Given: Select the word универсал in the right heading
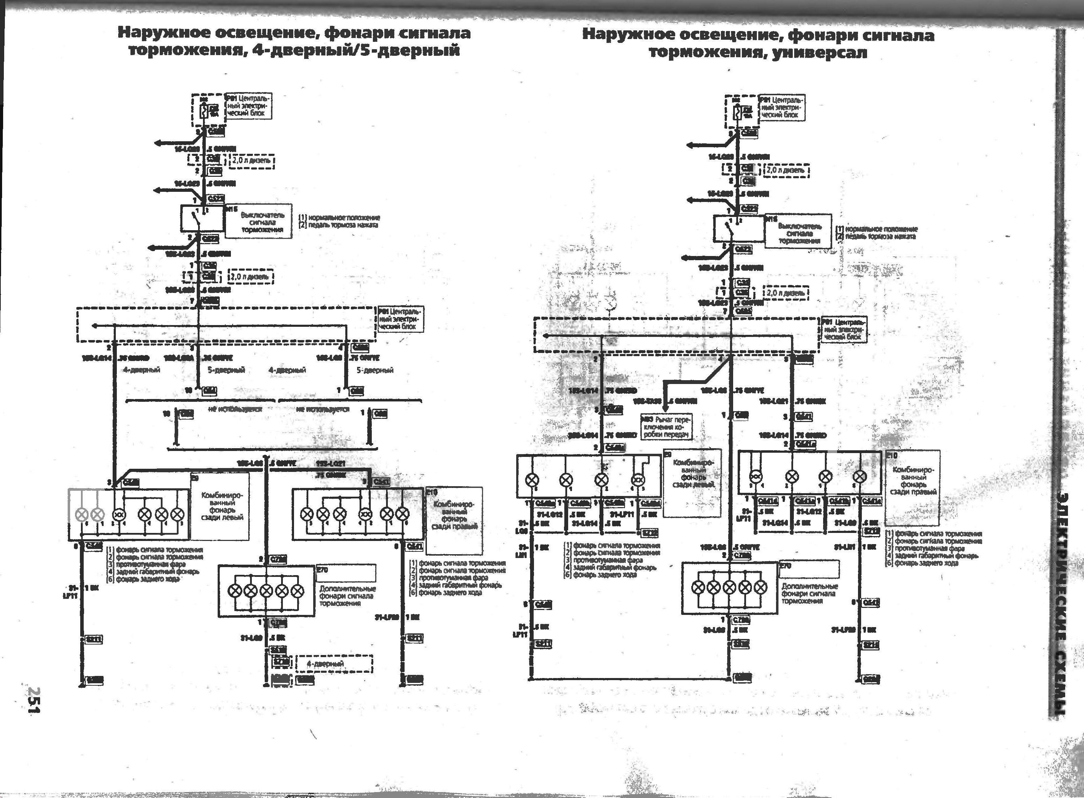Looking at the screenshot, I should click(819, 52).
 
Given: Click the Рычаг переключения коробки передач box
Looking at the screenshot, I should click(667, 427).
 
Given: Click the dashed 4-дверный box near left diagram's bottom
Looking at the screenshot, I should click(334, 664).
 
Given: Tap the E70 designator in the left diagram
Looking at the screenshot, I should click(322, 570).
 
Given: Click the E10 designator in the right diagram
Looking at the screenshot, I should click(891, 456).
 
